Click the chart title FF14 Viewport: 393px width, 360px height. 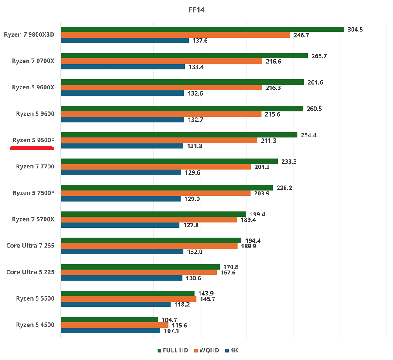click(196, 10)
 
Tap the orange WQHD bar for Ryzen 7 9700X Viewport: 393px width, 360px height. click(161, 62)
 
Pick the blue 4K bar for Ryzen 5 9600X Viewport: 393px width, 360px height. click(122, 93)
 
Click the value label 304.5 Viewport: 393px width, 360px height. click(355, 30)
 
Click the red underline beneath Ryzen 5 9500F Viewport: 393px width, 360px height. click(32, 148)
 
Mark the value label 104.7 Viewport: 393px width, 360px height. click(169, 320)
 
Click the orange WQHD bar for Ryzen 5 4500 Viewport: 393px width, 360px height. click(114, 325)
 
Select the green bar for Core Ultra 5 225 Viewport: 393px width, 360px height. click(140, 267)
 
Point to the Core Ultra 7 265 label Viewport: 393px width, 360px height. click(30, 246)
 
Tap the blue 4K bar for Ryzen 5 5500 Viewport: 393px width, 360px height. click(116, 304)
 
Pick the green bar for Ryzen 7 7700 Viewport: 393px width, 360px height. click(169, 161)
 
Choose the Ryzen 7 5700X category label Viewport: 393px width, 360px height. click(33, 219)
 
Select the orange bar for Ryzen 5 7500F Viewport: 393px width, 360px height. click(155, 193)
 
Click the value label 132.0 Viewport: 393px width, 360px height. click(195, 252)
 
